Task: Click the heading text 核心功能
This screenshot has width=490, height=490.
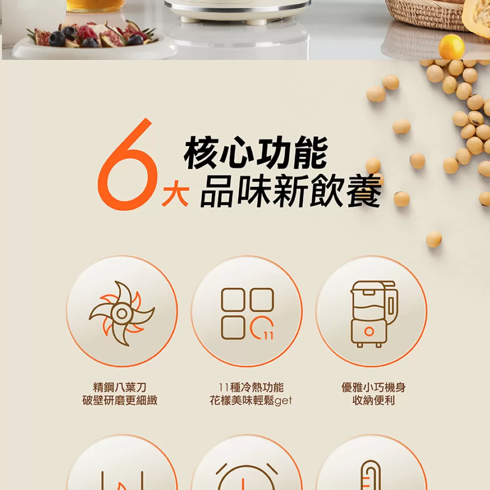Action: tap(255, 153)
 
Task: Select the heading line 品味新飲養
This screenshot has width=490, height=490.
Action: tap(290, 191)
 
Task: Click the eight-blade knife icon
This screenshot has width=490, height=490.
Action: tap(122, 313)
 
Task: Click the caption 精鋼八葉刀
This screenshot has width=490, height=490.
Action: tap(120, 388)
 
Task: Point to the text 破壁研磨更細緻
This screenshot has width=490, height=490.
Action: tap(120, 401)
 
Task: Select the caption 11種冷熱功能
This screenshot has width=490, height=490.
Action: tap(251, 388)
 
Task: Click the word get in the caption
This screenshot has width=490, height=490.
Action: tap(283, 401)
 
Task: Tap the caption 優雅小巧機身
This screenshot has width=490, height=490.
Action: tap(373, 388)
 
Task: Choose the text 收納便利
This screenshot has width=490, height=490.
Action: tap(373, 401)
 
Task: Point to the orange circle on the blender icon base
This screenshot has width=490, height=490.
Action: tap(369, 332)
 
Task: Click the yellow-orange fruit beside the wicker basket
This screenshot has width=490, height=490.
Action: tap(451, 47)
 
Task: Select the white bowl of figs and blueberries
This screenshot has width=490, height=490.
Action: tap(93, 42)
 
